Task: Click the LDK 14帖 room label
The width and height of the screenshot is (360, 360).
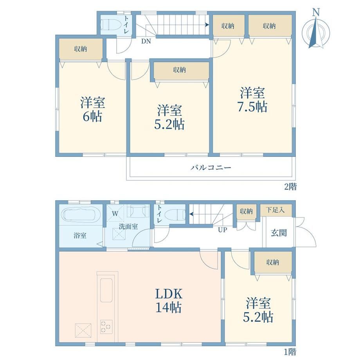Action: point(169,301)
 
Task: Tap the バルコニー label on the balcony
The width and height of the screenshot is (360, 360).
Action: point(211,167)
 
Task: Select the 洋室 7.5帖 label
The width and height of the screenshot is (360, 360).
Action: point(252,100)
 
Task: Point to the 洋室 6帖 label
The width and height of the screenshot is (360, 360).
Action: point(92,109)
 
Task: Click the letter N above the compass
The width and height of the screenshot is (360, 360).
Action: point(316,13)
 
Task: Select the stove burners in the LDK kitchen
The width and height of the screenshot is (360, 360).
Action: point(106,327)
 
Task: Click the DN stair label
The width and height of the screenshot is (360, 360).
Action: point(146,41)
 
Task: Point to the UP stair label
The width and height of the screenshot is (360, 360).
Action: point(222,230)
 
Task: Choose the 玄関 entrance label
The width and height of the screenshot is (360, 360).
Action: point(279,233)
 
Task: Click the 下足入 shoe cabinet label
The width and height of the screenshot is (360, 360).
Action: point(275,210)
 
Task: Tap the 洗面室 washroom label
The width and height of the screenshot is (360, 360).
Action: point(128,227)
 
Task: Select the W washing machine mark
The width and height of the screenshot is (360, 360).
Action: point(115,214)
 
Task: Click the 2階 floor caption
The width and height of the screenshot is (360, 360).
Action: point(290,187)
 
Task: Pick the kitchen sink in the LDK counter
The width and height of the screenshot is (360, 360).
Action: point(106,290)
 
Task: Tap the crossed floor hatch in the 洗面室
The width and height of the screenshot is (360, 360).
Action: point(119,234)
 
